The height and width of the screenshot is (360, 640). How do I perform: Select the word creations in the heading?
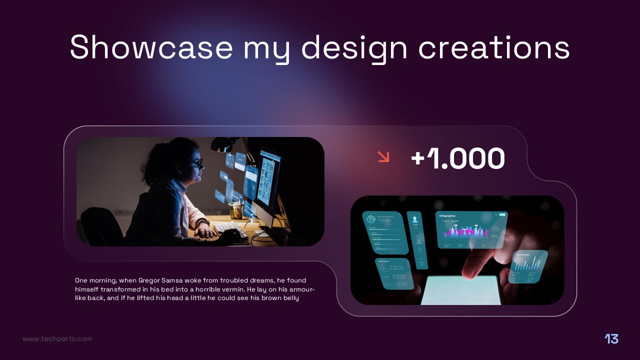(494, 47)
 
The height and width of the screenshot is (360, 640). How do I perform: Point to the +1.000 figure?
(457, 159)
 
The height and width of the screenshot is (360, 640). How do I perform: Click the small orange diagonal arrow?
(383, 156)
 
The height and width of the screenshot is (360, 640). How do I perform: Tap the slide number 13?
(611, 339)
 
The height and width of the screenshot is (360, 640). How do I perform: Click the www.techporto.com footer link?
(57, 339)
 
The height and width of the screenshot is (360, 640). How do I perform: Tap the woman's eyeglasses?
(197, 163)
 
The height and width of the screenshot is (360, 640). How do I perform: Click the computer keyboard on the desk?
(230, 228)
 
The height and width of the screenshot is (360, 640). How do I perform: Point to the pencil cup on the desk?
(234, 210)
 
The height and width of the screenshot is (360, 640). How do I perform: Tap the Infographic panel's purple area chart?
(465, 231)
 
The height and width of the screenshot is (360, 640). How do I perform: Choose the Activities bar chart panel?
(527, 266)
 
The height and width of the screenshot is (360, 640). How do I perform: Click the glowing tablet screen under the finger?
(460, 292)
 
